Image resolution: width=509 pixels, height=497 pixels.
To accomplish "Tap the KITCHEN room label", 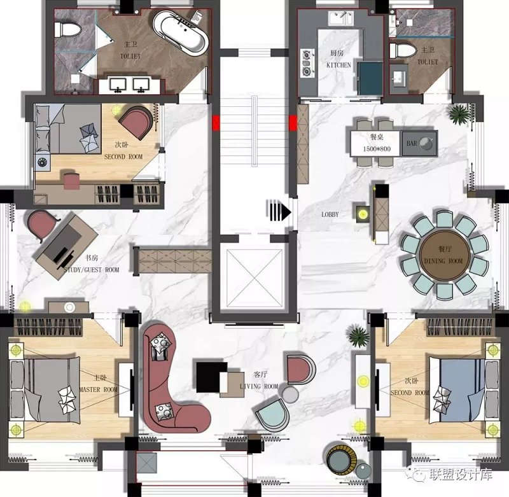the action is coord(338,65).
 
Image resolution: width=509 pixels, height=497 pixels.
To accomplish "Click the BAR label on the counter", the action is coord(412,143).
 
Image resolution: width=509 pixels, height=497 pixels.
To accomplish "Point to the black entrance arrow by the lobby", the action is coord(279,211).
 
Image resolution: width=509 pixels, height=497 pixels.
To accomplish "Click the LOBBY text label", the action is coord(330,214).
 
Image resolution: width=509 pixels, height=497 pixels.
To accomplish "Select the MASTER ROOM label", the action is coord(99,389).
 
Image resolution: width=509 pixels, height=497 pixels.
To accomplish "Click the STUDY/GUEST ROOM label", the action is coord(92,270).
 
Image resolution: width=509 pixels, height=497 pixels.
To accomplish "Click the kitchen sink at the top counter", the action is coord(341,18).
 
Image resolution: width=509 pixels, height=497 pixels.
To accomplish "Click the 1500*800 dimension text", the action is coord(377,149).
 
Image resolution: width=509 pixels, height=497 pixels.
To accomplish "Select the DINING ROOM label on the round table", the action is coord(443,261).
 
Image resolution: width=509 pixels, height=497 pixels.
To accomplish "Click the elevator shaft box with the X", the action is coord(254,278).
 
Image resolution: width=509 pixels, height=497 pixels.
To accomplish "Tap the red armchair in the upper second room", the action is coord(136,122).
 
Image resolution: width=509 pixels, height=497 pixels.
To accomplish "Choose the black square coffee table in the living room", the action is coord(211,377).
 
